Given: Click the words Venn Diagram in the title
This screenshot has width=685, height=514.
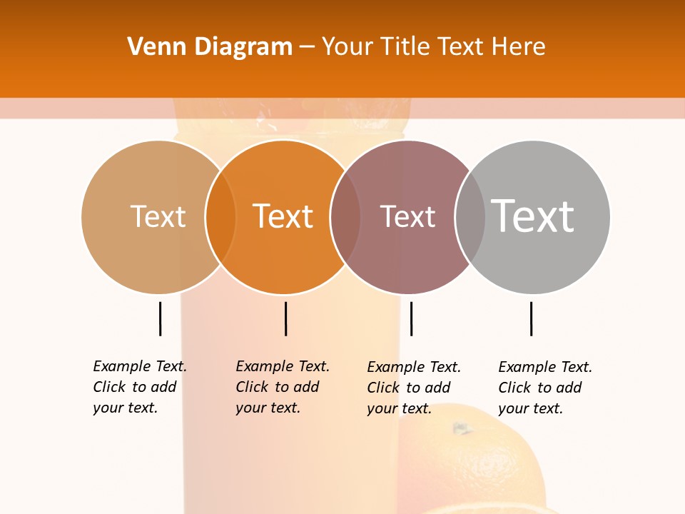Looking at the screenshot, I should coord(210,47).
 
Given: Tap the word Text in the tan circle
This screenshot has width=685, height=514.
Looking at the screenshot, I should coord(158,216).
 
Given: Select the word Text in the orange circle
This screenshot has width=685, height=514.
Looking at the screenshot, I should coord(283,216).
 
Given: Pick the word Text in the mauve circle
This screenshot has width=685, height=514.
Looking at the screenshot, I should coord(407,216).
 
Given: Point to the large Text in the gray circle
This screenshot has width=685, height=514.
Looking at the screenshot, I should coord(533,216).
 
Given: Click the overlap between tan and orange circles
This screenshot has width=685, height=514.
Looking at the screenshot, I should coord(220,216).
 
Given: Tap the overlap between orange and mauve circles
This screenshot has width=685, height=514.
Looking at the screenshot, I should coord(345,216).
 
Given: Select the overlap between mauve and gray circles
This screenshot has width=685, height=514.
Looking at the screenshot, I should coord(470,216).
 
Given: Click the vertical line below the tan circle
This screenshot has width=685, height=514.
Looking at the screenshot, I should coord(161,318).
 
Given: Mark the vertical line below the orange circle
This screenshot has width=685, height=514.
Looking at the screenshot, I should coord(285,318).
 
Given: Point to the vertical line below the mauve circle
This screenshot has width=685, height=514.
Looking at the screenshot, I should coord(411,318).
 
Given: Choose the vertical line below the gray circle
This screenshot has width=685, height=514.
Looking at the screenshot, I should coord(531,318).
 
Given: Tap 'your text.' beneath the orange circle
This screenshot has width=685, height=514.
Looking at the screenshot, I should coord(268,408).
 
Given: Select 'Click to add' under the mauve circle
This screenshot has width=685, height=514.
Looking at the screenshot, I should coord(408,388).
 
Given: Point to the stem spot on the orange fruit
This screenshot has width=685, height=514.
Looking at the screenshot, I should coord(462,428).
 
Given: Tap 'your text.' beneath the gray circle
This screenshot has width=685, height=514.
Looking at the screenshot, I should coord(530,408).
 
